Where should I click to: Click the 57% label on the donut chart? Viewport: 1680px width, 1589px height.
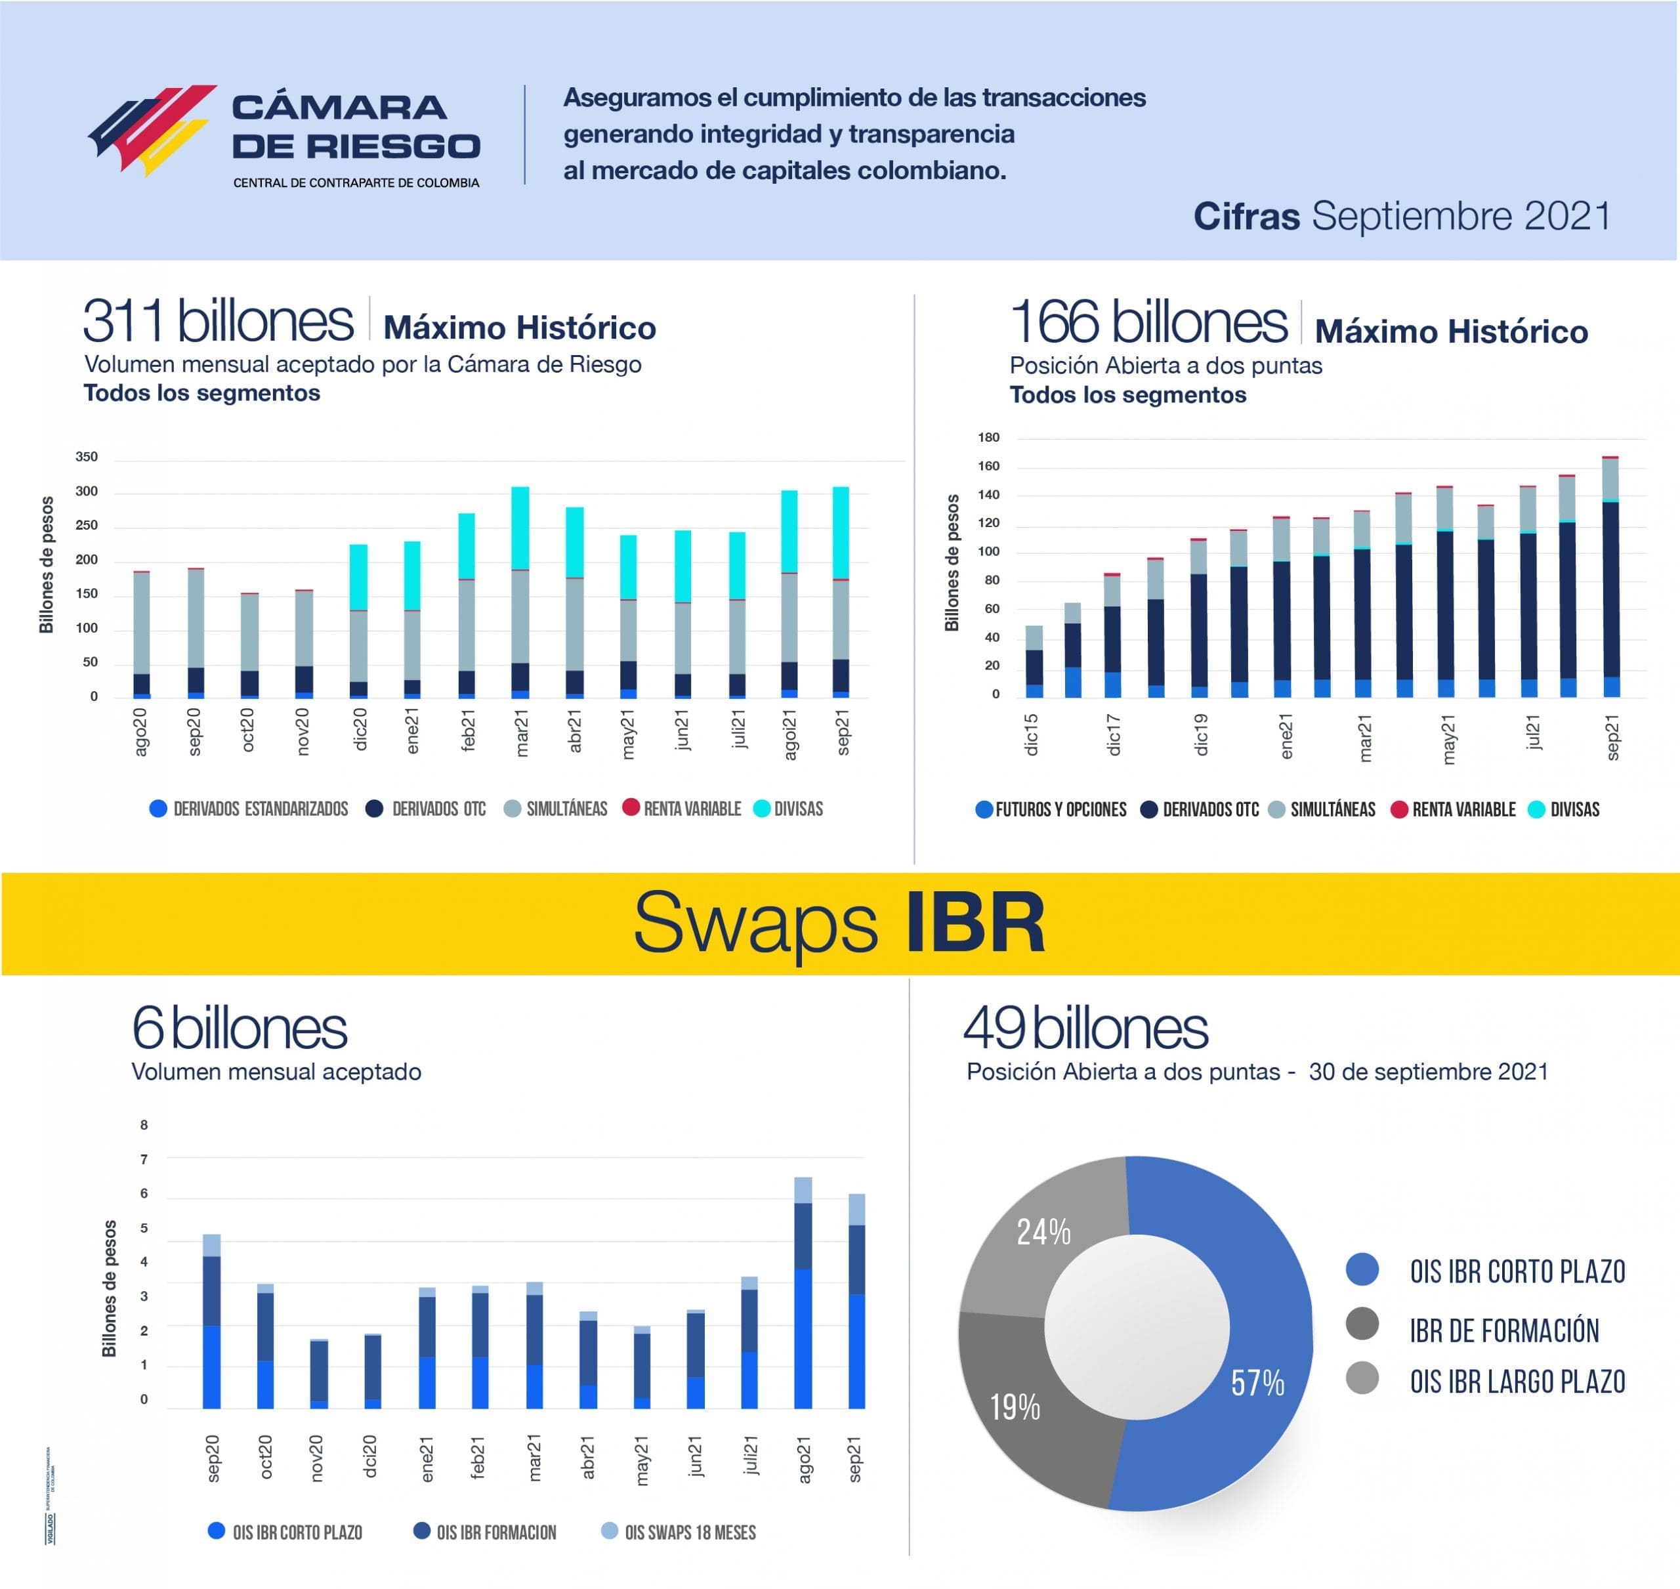pos(1257,1383)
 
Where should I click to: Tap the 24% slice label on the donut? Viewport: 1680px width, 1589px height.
pos(1043,1233)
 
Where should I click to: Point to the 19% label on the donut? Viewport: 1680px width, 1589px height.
pos(1015,1407)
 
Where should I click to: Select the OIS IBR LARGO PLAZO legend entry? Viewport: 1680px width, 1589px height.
pos(1516,1382)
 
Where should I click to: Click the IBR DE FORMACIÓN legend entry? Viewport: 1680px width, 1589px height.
pos(1503,1330)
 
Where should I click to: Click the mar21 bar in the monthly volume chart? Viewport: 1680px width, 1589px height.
pos(521,593)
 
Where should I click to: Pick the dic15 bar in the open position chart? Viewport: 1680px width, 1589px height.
pos(1034,662)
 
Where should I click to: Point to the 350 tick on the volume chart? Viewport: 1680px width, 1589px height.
pos(87,457)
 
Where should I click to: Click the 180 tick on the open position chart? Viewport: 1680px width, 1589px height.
pos(988,438)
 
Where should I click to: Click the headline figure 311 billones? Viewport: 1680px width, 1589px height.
pos(218,321)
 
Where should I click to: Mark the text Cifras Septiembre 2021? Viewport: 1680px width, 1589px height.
pos(1401,216)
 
